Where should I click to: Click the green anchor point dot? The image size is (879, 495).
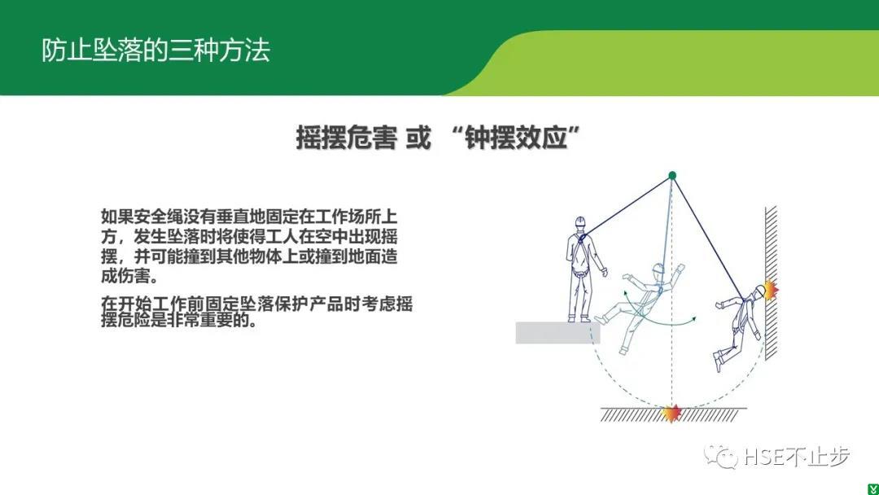pyautogui.click(x=672, y=176)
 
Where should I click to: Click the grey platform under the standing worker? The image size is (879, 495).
pyautogui.click(x=558, y=332)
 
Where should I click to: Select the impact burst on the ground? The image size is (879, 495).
pyautogui.click(x=671, y=413)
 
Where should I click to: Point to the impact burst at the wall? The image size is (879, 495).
pyautogui.click(x=770, y=290)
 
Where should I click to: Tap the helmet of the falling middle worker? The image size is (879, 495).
pyautogui.click(x=658, y=269)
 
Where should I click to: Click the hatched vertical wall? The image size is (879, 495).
pyautogui.click(x=772, y=283)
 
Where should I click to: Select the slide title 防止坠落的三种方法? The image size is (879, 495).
pyautogui.click(x=155, y=50)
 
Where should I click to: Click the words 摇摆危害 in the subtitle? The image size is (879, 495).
pyautogui.click(x=346, y=138)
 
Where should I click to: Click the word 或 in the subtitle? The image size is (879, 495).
pyautogui.click(x=418, y=138)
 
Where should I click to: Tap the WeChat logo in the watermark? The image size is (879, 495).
pyautogui.click(x=720, y=456)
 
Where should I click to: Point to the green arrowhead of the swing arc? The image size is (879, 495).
pyautogui.click(x=693, y=319)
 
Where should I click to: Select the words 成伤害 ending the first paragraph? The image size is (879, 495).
pyautogui.click(x=125, y=276)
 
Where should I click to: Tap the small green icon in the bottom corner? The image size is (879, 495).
pyautogui.click(x=873, y=489)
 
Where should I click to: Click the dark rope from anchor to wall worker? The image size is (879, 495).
pyautogui.click(x=709, y=239)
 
